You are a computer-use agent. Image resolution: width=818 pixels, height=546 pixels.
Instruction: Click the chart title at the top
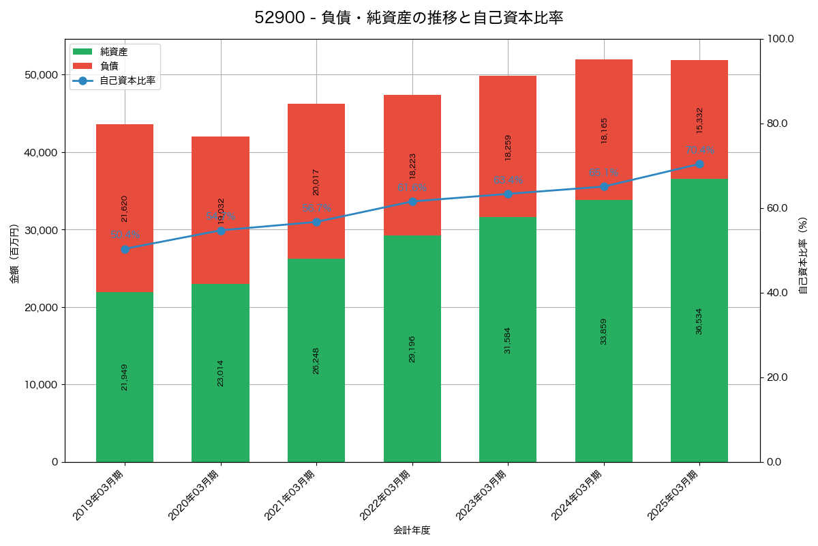(409, 18)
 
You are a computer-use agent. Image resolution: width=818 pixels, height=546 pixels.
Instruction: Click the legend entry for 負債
(108, 66)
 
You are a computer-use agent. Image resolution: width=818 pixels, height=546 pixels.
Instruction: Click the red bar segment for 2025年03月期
(699, 119)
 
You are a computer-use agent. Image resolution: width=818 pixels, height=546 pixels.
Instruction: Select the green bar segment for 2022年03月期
(412, 349)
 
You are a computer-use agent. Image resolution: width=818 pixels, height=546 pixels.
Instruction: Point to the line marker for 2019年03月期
(125, 249)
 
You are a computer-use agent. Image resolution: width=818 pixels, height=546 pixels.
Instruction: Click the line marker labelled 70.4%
(699, 164)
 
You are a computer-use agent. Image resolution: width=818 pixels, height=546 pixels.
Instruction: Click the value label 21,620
(125, 209)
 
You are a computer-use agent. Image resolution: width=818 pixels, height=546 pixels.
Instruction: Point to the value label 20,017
(316, 182)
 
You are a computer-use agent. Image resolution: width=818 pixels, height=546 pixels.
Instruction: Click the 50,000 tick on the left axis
(40, 74)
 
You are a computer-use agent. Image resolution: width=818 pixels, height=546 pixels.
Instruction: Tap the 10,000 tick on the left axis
(40, 384)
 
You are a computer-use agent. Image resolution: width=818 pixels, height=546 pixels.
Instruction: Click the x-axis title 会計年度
(412, 530)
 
